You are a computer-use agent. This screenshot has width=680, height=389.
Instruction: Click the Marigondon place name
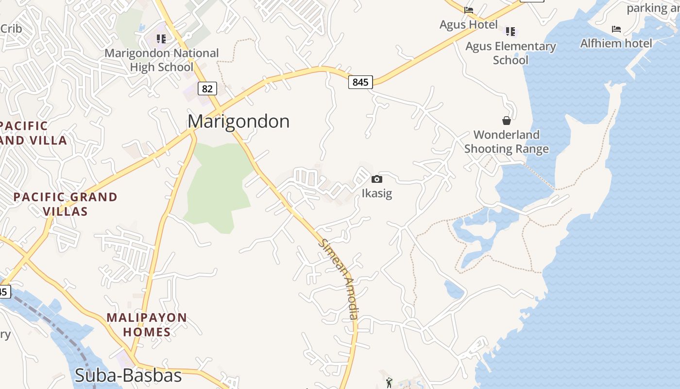click(x=238, y=121)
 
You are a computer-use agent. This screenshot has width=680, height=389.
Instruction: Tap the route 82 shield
click(x=207, y=88)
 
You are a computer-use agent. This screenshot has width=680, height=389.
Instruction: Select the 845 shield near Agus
click(x=360, y=82)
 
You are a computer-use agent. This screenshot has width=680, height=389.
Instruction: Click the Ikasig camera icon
click(x=376, y=179)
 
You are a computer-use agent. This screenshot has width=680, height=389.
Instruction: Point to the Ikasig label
click(x=376, y=194)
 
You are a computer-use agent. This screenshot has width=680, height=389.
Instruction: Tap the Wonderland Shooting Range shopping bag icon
click(x=506, y=121)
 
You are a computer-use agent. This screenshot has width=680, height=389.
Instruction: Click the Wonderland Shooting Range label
click(x=507, y=141)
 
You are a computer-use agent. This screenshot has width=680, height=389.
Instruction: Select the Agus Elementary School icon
click(x=510, y=32)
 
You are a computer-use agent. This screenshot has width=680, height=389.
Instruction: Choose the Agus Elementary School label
click(x=510, y=53)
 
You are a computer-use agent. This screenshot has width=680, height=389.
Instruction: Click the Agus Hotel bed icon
click(x=469, y=10)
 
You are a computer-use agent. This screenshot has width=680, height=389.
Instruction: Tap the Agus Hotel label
click(x=469, y=25)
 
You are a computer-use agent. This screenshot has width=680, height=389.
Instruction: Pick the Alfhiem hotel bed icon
click(x=616, y=29)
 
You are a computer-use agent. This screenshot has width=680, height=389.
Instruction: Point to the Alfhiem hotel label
click(x=616, y=43)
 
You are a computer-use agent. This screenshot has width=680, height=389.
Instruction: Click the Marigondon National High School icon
click(x=161, y=38)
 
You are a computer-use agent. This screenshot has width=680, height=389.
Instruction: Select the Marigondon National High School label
click(x=162, y=60)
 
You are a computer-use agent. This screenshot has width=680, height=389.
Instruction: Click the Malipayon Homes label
click(x=147, y=325)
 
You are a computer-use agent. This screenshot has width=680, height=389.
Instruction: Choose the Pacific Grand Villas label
click(x=65, y=204)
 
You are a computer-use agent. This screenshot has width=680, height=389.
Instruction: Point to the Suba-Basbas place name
click(x=128, y=375)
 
